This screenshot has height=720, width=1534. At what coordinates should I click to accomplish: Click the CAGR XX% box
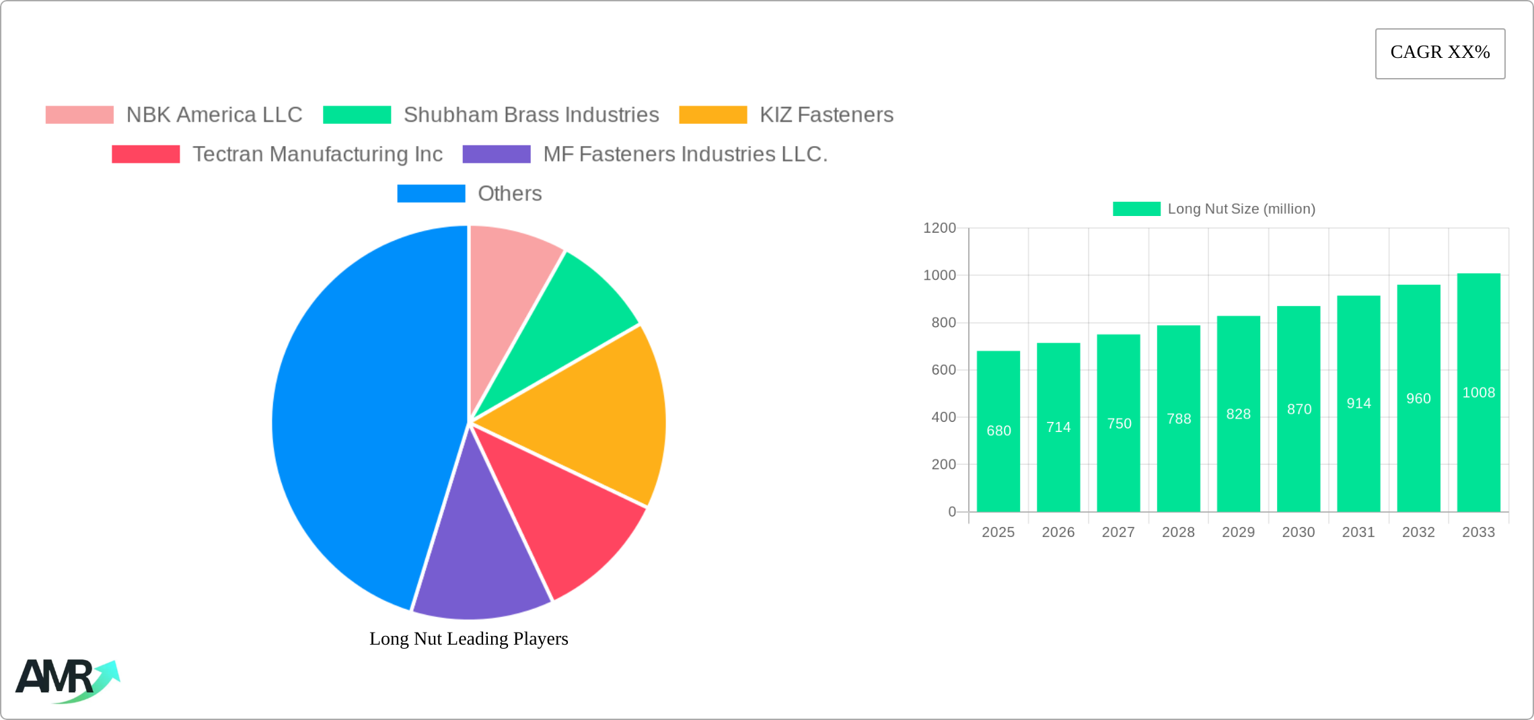pos(1440,53)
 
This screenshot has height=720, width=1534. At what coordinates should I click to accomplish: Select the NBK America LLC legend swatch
pos(79,115)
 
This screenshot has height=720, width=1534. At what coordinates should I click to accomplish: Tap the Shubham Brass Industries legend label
pos(531,115)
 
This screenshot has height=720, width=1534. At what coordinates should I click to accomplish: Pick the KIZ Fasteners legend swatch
pos(713,115)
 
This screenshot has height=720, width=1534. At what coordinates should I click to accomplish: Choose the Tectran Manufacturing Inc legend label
pos(317,154)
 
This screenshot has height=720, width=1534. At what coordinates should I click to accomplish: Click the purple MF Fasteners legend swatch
pos(497,154)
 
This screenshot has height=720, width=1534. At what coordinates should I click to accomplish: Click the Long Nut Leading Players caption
pos(468,639)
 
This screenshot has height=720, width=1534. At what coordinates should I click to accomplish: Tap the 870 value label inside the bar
pos(1299,409)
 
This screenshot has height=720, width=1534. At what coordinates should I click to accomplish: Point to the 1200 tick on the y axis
pos(939,228)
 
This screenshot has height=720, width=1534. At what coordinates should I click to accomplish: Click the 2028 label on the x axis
pos(1178,532)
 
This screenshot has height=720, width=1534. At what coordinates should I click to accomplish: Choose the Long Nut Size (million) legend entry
pos(1214,209)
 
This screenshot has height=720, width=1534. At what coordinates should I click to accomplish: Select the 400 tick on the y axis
pos(943,417)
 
